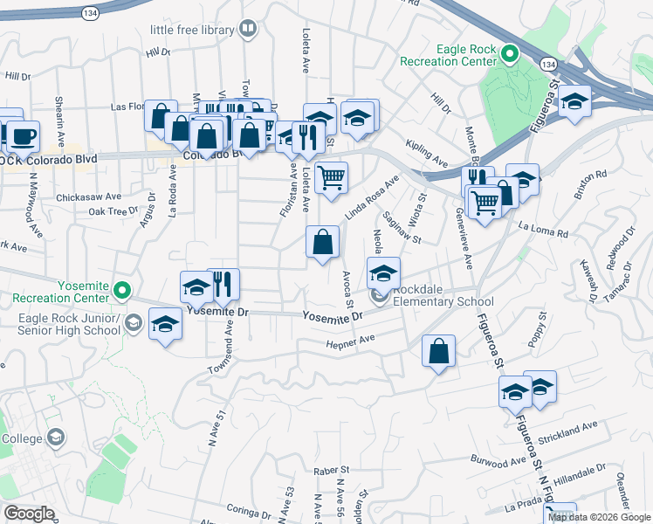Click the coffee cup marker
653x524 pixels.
24,136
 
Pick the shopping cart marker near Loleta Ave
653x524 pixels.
332,178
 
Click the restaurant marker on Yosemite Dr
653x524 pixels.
223,283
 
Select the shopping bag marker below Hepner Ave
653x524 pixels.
439,351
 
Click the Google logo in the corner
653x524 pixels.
29,514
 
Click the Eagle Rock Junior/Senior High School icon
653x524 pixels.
133,323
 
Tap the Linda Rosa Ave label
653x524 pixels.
370,198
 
